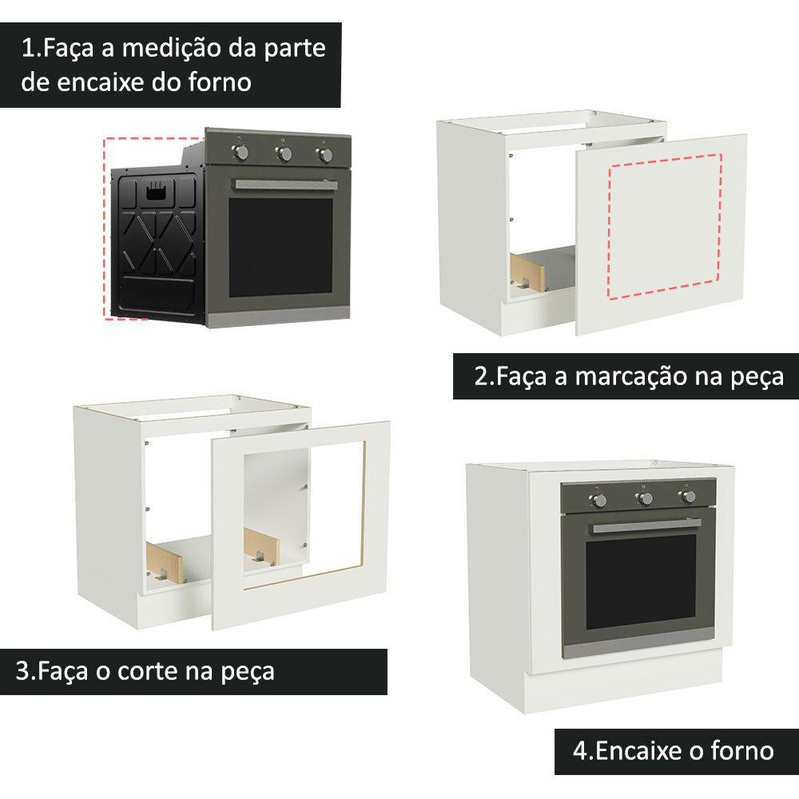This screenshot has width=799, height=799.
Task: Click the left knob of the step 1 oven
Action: coord(240,152)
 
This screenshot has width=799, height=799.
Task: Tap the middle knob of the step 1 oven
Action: coord(283,153)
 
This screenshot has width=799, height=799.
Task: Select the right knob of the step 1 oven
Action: coord(324,154)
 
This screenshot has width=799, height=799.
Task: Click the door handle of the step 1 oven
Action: coord(284,185)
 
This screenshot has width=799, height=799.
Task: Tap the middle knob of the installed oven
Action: coord(644,499)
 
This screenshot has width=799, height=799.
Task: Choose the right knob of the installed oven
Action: coord(688,497)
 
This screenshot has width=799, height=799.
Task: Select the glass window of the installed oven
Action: coord(640,581)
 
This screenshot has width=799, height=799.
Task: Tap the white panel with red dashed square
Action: coord(663,232)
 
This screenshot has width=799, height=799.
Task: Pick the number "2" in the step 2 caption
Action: coord(481,376)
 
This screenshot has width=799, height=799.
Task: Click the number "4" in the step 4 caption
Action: coord(580,751)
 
